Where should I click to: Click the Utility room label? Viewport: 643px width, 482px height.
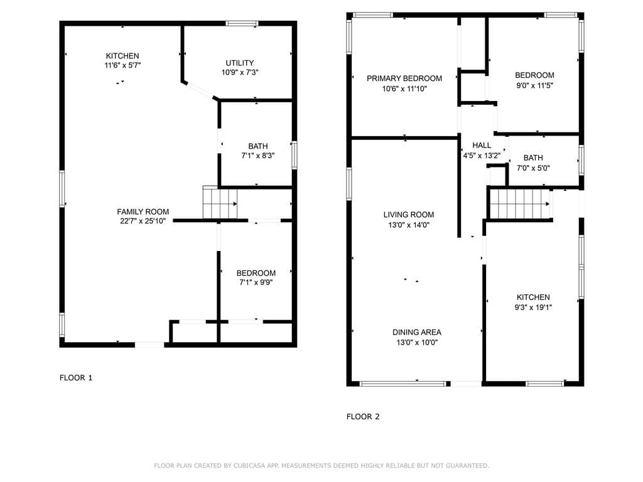point(240,63)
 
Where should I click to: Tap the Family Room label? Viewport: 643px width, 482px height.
point(143,212)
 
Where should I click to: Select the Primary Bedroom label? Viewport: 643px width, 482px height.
point(404,78)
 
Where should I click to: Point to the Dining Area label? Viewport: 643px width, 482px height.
point(417,333)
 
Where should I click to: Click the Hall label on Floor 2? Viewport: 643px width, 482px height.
point(482,146)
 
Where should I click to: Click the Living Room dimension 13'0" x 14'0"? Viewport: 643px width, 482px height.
point(409,225)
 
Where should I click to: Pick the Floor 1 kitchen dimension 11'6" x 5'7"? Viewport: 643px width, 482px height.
point(122,65)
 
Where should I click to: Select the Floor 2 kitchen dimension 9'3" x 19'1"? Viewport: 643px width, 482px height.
point(533,308)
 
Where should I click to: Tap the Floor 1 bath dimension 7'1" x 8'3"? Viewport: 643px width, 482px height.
point(257,156)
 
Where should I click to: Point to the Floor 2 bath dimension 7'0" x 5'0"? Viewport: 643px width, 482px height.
point(533,168)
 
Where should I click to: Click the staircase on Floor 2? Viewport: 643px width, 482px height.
point(519,204)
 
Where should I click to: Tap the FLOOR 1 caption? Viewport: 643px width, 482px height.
point(76,378)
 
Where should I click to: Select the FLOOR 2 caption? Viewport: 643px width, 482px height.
point(363,417)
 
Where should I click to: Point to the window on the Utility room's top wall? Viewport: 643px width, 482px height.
point(242,24)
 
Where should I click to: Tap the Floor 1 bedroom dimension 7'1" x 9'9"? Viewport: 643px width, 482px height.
point(256,283)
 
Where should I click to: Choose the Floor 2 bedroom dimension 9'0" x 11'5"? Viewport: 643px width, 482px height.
point(534,85)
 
